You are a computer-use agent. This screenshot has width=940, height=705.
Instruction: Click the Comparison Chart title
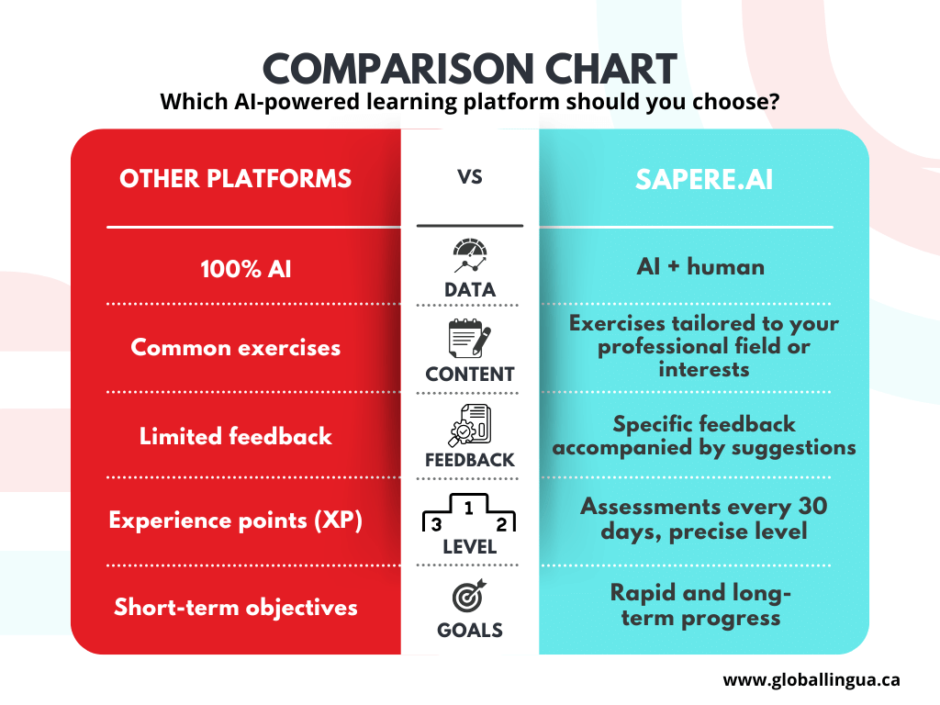click(470, 70)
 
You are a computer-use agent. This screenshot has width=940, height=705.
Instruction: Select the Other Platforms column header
click(235, 178)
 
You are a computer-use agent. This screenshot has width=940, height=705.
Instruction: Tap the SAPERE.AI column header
click(704, 179)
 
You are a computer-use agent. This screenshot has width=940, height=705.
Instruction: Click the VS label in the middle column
click(470, 176)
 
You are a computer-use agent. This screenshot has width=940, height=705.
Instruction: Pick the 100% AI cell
click(235, 270)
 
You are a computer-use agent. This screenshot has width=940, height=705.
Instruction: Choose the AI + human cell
click(700, 266)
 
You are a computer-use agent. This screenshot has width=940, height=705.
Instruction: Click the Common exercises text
click(235, 348)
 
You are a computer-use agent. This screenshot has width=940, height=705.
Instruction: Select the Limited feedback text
click(235, 436)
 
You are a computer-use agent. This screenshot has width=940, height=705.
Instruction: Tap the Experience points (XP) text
click(235, 520)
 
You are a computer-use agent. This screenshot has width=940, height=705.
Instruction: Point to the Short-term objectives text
click(235, 607)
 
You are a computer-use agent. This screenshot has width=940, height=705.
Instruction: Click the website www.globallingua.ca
click(811, 680)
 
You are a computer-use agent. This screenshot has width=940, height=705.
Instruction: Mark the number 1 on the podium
click(469, 507)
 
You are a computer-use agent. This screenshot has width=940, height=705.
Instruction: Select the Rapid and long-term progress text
click(700, 605)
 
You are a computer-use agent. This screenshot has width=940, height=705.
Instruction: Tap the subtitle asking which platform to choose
click(470, 101)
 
